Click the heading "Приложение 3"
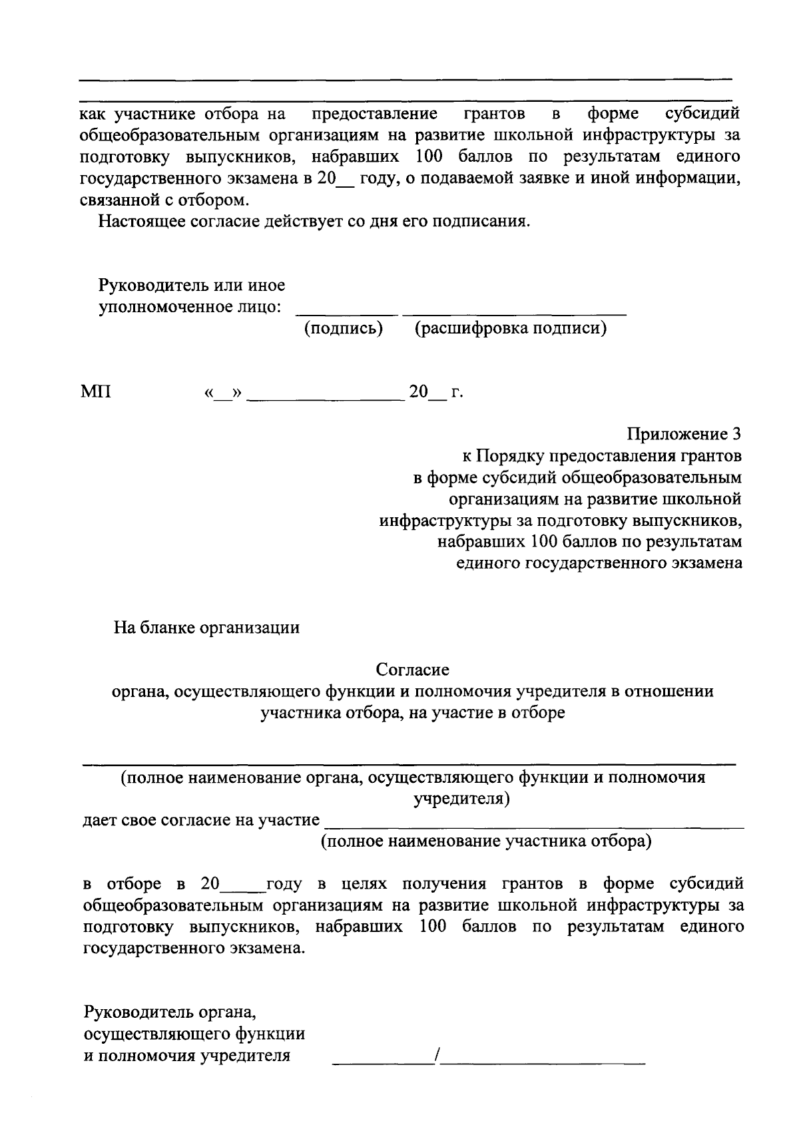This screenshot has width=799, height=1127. pyautogui.click(x=684, y=435)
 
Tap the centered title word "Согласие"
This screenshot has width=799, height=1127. pyautogui.click(x=412, y=670)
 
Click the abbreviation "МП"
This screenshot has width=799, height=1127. pyautogui.click(x=96, y=392)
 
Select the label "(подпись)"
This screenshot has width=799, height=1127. pyautogui.click(x=344, y=329)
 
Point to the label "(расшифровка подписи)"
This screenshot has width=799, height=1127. pyautogui.click(x=511, y=329)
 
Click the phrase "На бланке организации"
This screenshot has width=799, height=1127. pyautogui.click(x=206, y=627)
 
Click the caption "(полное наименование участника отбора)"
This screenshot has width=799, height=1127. pyautogui.click(x=486, y=841)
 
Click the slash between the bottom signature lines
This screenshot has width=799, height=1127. pyautogui.click(x=436, y=1054)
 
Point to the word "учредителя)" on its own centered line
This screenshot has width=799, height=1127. pyautogui.click(x=461, y=799)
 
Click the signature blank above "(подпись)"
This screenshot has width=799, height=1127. pyautogui.click(x=346, y=312)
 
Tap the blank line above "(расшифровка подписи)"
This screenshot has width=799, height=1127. pyautogui.click(x=514, y=312)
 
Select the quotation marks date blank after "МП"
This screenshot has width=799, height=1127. pyautogui.click(x=217, y=393)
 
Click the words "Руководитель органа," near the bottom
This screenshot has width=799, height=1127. pyautogui.click(x=170, y=1013)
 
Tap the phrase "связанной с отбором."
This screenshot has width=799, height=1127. pyautogui.click(x=166, y=199)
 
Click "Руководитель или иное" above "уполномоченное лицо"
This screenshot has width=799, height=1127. pyautogui.click(x=192, y=286)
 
